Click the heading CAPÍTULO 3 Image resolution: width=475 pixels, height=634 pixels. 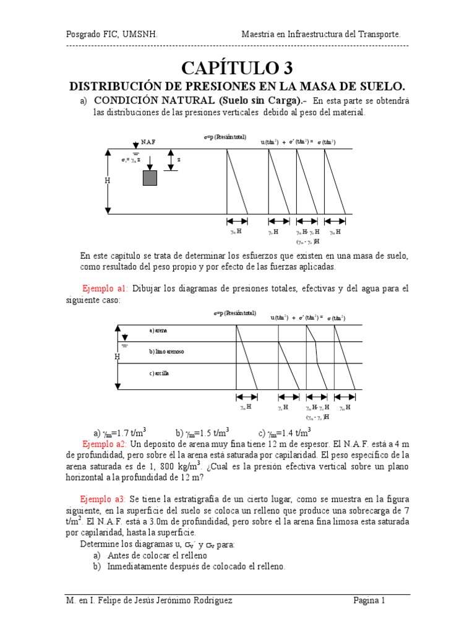coord(237,67)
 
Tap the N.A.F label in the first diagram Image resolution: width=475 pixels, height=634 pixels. coord(148,142)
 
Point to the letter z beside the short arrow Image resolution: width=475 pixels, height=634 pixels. coord(179,159)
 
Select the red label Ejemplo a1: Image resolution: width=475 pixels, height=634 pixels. coord(105,289)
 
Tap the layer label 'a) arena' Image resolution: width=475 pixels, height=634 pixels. coord(158,331)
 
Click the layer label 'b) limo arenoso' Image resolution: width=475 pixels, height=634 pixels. coord(166,352)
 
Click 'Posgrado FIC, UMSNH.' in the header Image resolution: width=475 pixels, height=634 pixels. coord(112,35)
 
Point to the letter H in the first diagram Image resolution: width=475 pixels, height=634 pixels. coord(107,181)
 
